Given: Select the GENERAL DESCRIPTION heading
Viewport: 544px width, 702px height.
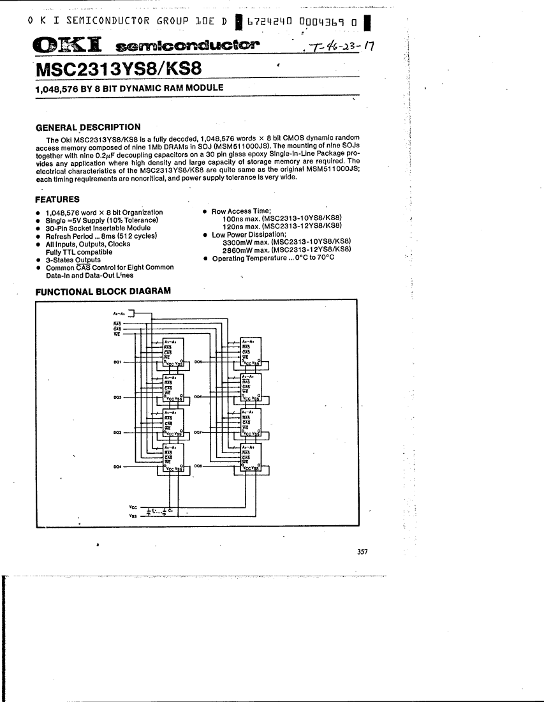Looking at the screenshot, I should pyautogui.click(x=88, y=127).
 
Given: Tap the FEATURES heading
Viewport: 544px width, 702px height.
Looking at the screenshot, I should pyautogui.click(x=57, y=199).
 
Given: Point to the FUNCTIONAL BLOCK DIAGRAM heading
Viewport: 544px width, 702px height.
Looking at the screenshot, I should pyautogui.click(x=103, y=291).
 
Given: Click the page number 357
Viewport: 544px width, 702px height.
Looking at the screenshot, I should pyautogui.click(x=362, y=552).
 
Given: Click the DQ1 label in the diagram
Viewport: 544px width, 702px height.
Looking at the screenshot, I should pyautogui.click(x=117, y=362).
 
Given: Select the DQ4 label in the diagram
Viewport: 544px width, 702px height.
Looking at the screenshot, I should pyautogui.click(x=117, y=467).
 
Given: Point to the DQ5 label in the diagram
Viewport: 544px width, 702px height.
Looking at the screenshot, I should pyautogui.click(x=198, y=362).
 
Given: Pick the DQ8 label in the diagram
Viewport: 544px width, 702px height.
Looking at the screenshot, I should pyautogui.click(x=198, y=467).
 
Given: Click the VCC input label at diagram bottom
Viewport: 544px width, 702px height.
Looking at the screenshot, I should pyautogui.click(x=133, y=507).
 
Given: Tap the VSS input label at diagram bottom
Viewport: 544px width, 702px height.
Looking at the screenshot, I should pyautogui.click(x=133, y=516).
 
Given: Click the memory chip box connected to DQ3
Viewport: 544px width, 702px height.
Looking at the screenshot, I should pyautogui.click(x=173, y=422).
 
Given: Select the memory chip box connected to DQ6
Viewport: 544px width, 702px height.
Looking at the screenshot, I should pyautogui.click(x=250, y=387).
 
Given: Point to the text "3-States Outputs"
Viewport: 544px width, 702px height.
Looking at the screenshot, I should pyautogui.click(x=73, y=260).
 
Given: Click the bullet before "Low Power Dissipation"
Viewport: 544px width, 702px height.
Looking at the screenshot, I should pyautogui.click(x=204, y=235).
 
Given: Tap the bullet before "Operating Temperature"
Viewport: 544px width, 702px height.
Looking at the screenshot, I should pyautogui.click(x=204, y=258).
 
